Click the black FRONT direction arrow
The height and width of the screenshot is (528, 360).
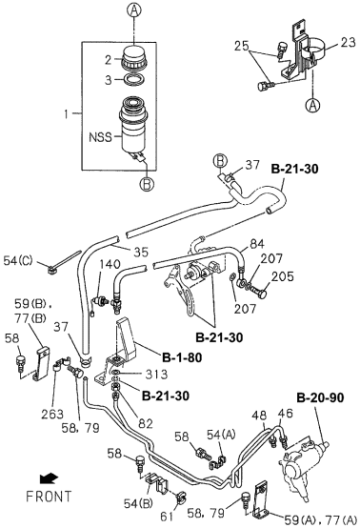click(x=49, y=478)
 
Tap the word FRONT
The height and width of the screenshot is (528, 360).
click(x=49, y=497)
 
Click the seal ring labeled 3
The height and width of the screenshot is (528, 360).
click(x=134, y=80)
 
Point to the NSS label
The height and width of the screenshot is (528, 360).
click(x=100, y=137)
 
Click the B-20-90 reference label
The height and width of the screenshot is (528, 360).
click(x=320, y=397)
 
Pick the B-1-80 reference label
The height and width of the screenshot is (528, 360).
click(x=182, y=357)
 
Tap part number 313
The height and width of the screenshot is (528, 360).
click(x=156, y=374)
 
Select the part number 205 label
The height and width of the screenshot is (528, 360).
click(x=282, y=276)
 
